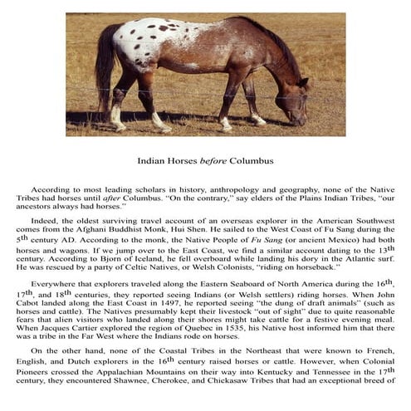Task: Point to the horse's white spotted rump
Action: coord(137,42)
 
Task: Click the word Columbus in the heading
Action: coord(252,160)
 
